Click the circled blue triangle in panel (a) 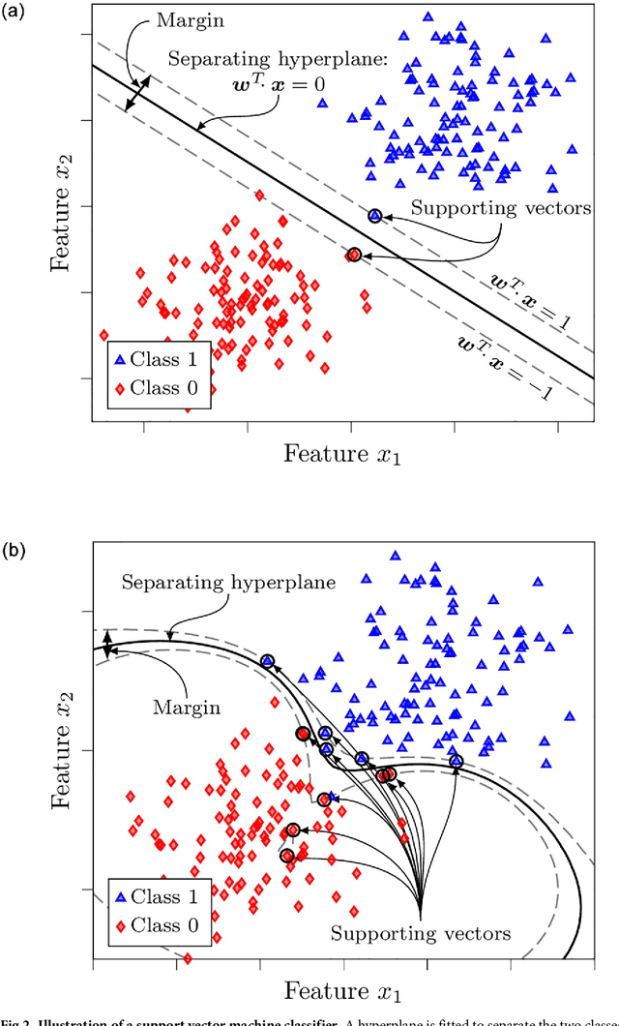point(375,216)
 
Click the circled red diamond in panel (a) point(354,255)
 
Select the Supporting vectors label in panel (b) point(420,934)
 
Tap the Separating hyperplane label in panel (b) point(229,583)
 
